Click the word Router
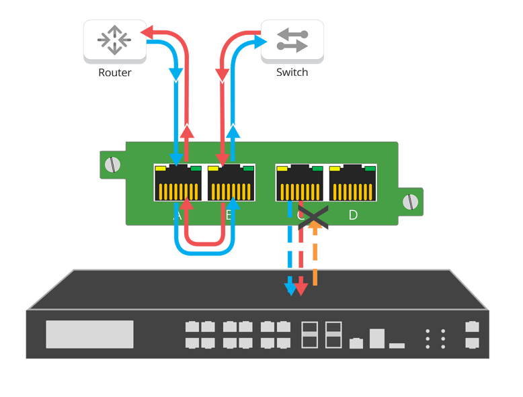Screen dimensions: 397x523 114,73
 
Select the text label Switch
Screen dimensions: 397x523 292,72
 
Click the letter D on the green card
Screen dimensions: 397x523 354,215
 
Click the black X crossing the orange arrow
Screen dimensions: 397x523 313,217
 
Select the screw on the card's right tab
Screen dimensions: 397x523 409,202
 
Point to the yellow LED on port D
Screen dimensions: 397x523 335,168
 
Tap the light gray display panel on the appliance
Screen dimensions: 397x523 89,334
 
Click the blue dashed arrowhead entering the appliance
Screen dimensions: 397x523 290,290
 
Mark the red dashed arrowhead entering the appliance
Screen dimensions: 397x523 302,290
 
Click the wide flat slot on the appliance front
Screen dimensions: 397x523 397,345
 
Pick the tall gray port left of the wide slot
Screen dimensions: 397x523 377,338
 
